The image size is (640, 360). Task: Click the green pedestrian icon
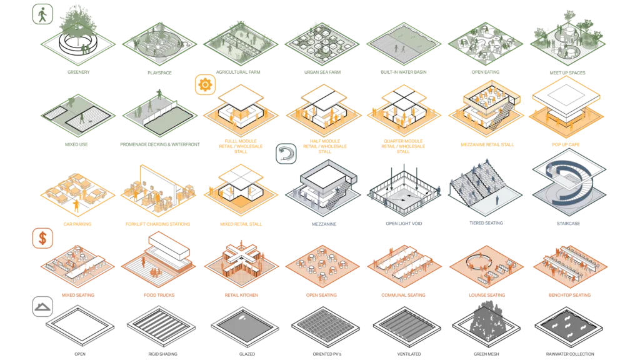point(42,14)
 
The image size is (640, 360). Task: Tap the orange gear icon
point(205,84)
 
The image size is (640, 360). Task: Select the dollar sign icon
point(42,238)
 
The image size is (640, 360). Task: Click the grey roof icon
point(42,306)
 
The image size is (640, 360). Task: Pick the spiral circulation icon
point(286,154)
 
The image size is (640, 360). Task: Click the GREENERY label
point(78,72)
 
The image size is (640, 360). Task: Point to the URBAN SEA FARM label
point(322,72)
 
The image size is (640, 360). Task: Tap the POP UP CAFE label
point(566,144)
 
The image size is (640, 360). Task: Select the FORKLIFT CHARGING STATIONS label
point(158,224)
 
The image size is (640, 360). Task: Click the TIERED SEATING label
point(486,223)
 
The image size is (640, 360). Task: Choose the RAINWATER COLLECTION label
point(570,354)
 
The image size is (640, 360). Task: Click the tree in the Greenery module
point(78,22)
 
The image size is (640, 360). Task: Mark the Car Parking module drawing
point(78,194)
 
